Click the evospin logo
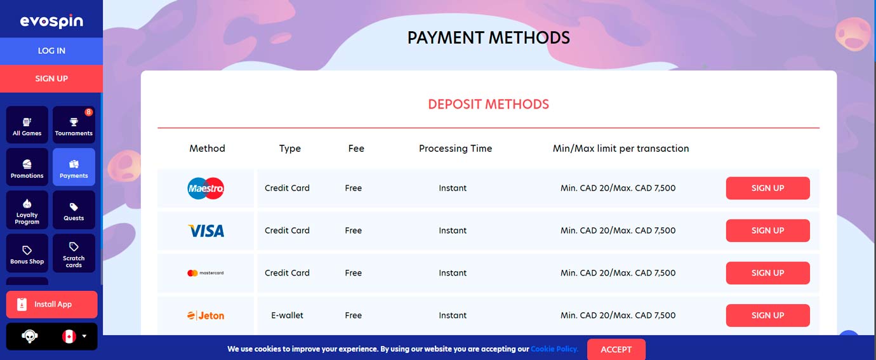tap(51, 21)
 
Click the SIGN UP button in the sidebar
tap(51, 79)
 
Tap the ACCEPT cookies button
tap(616, 349)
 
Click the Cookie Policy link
tap(554, 349)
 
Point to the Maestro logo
tap(206, 188)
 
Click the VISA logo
tap(206, 230)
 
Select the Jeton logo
tap(206, 316)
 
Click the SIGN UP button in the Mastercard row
tap(767, 273)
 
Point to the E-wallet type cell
tap(287, 316)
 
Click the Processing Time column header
tap(455, 149)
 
